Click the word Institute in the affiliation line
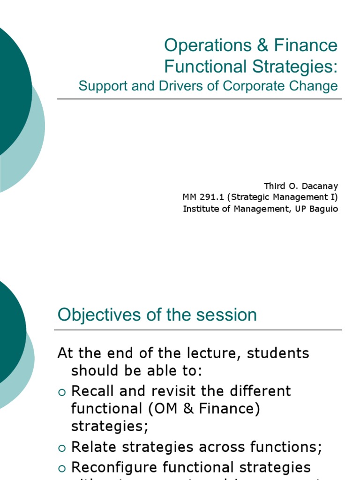(x=199, y=209)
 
